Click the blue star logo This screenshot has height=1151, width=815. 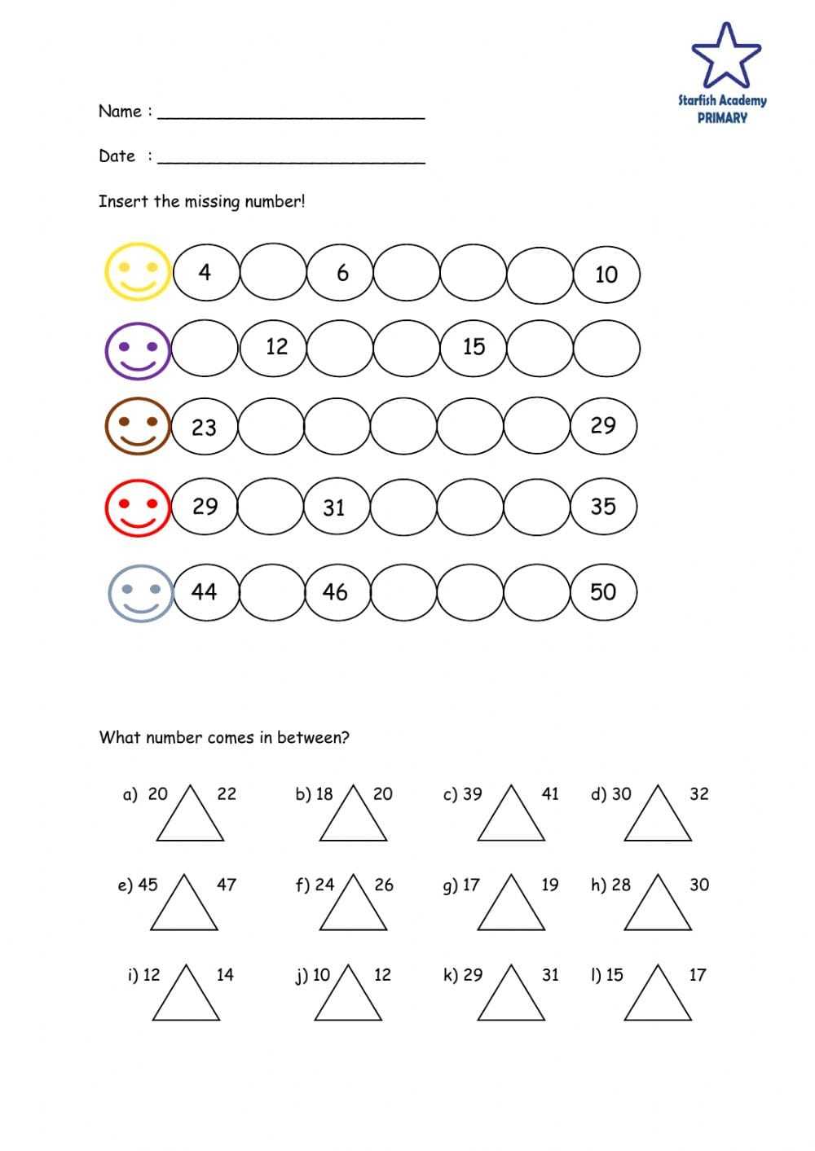pyautogui.click(x=725, y=55)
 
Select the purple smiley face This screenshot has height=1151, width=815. pyautogui.click(x=138, y=349)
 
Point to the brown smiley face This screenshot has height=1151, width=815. pyautogui.click(x=138, y=426)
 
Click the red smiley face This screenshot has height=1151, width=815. pyautogui.click(x=138, y=507)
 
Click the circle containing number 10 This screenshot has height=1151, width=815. pyautogui.click(x=606, y=275)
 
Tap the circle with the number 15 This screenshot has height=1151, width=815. pyautogui.click(x=474, y=348)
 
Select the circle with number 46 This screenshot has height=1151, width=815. pyautogui.click(x=336, y=592)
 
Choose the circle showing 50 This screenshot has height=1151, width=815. pyautogui.click(x=603, y=592)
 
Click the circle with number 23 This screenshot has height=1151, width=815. pyautogui.click(x=205, y=427)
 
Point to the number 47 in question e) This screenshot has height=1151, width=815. pyautogui.click(x=227, y=885)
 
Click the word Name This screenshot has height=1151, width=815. pyautogui.click(x=120, y=112)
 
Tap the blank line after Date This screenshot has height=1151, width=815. pyautogui.click(x=291, y=158)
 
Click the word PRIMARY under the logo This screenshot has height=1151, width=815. pyautogui.click(x=722, y=117)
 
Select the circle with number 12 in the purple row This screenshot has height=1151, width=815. pyautogui.click(x=276, y=348)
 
